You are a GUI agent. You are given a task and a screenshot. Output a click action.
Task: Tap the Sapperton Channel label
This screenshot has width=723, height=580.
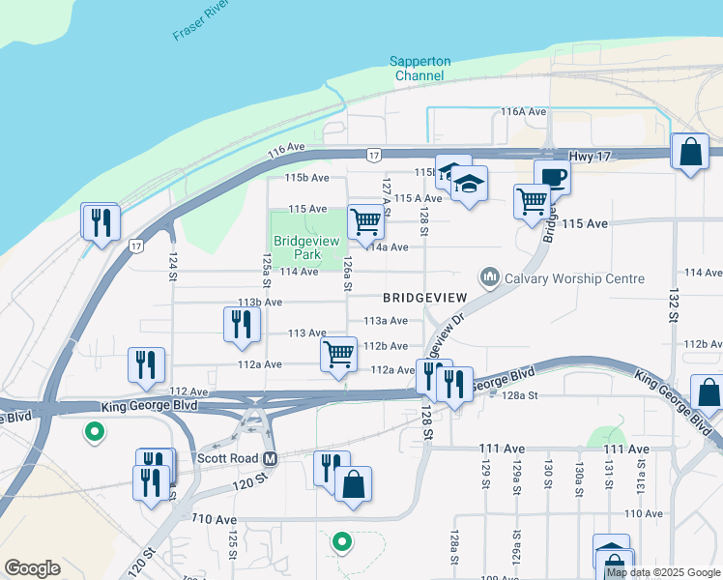[420, 69]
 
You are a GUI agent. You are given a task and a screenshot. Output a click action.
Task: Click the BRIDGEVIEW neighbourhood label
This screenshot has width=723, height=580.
[424, 297]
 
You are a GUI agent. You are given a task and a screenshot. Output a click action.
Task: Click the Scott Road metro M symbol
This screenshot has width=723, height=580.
[271, 457]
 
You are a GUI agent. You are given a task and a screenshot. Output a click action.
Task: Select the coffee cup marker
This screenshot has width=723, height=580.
[552, 177]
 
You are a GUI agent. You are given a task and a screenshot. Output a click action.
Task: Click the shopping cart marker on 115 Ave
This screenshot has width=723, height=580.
[365, 221]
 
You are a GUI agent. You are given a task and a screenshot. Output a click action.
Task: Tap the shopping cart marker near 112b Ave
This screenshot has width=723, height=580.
[338, 354]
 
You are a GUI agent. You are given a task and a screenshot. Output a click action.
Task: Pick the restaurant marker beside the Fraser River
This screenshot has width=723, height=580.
[100, 221]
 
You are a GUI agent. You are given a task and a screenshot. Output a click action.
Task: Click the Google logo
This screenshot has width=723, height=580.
[32, 567]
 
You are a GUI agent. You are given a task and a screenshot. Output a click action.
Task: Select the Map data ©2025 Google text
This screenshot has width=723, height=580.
[664, 572]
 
